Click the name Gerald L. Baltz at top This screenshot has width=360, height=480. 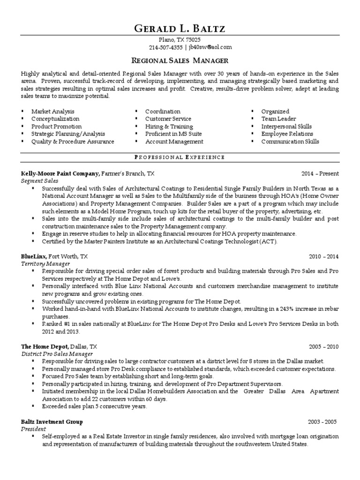coord(180,29)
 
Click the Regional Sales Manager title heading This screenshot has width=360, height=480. coord(180,60)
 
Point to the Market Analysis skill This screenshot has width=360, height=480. coord(52,112)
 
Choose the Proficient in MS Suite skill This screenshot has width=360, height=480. coord(173,134)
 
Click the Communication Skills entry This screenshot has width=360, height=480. coord(290,141)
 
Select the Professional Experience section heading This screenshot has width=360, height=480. coord(180,157)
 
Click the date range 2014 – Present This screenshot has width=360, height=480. coord(320,173)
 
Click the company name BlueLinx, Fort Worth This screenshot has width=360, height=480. coord(54,256)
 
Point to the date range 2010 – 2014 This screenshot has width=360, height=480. coord(323,256)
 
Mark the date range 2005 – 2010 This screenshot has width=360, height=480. coord(323,347)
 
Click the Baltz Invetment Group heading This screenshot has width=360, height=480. coord(52,421)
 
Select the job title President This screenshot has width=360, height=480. coord(33,429)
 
